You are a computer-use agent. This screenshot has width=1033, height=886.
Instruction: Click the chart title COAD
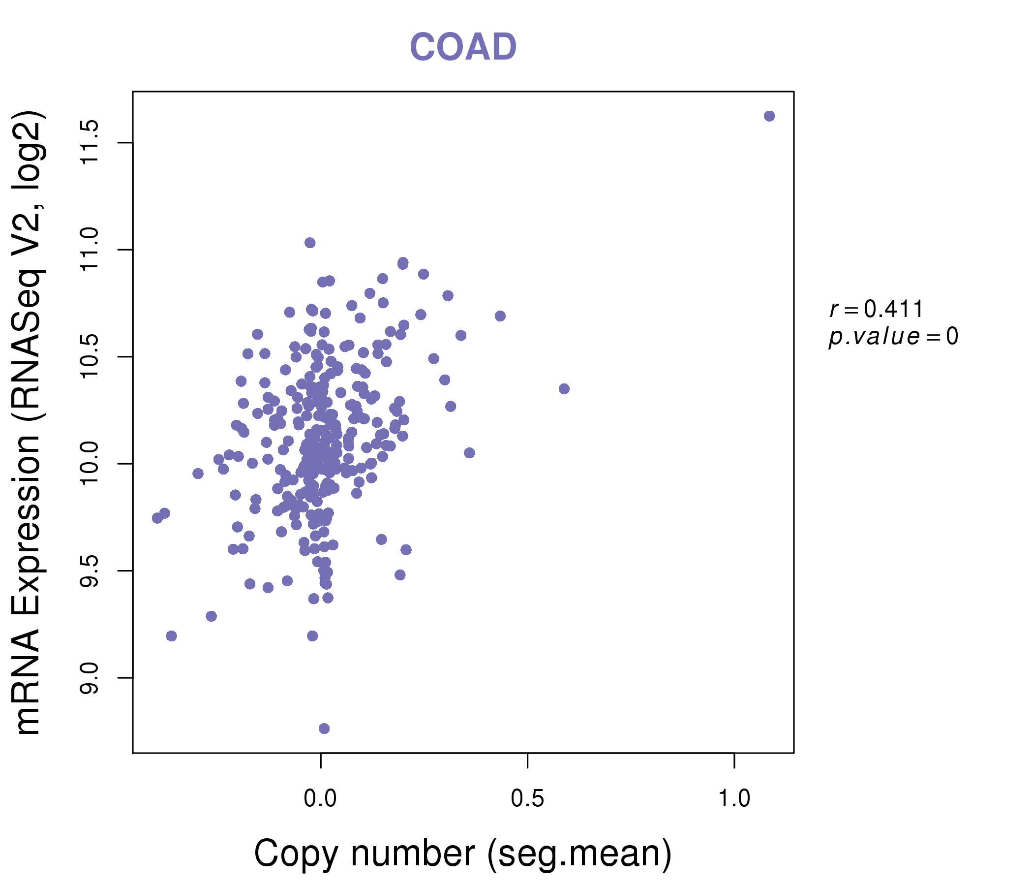463,47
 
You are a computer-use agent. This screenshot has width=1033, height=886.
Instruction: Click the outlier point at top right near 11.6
769,116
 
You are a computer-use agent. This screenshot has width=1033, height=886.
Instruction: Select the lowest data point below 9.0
324,728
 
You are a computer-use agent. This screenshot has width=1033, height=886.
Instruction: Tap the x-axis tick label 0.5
527,799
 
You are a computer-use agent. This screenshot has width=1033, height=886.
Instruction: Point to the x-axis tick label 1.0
734,799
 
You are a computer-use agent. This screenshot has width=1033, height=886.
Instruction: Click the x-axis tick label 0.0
321,799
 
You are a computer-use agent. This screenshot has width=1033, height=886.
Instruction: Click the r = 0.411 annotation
877,309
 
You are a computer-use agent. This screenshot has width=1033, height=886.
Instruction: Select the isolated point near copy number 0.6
564,389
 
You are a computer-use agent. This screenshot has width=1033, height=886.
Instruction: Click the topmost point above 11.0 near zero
310,243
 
